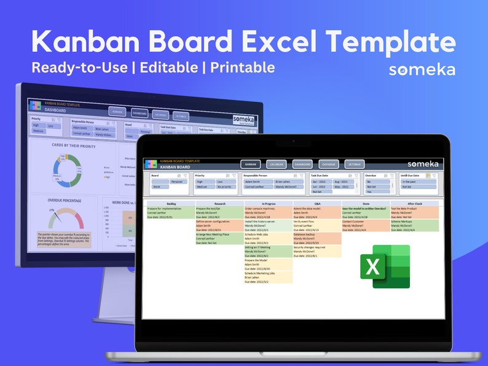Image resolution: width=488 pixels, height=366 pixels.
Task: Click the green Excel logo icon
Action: (x=385, y=266)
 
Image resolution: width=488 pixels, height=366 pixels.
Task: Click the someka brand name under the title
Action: (x=422, y=70)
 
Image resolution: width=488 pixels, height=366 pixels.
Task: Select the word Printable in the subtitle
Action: (x=242, y=67)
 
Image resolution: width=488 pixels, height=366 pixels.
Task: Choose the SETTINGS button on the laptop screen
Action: (x=354, y=165)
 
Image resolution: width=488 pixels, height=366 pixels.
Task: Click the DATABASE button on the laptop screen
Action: (x=328, y=165)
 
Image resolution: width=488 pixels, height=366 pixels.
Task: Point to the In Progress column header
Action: (x=268, y=203)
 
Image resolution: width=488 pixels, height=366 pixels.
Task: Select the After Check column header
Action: (x=414, y=203)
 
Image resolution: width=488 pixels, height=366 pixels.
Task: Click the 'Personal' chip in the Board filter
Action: (x=177, y=182)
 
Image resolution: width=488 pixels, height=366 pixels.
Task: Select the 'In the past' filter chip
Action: (x=410, y=182)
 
